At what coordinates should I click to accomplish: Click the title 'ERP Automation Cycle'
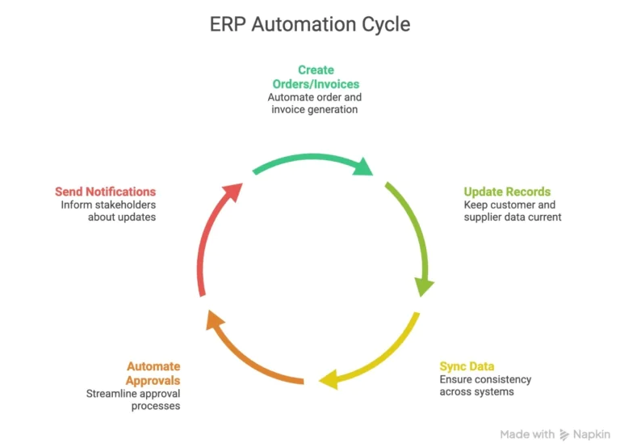coord(310,24)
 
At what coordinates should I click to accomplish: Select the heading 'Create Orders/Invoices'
coord(315,77)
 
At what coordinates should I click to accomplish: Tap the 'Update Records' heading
coord(507,192)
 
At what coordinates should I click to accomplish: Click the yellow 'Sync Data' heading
coord(467,366)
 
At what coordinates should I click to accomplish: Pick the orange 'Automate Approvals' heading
coord(153,373)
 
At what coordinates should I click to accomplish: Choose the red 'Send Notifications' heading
coord(105,192)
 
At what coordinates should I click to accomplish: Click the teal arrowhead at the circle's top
coord(362,166)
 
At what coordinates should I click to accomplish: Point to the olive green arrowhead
coord(425,286)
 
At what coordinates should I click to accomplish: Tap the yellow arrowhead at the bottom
coord(327,378)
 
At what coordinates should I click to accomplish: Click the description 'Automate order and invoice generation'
coord(315,103)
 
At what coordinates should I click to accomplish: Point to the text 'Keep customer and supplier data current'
coord(512,211)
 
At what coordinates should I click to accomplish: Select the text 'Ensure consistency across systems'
coord(485,386)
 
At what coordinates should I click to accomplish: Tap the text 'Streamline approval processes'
coord(133,399)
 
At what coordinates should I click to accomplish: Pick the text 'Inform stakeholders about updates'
coord(108,211)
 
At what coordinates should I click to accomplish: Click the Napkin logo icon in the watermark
coord(563,434)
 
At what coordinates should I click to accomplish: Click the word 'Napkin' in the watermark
coord(591,434)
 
